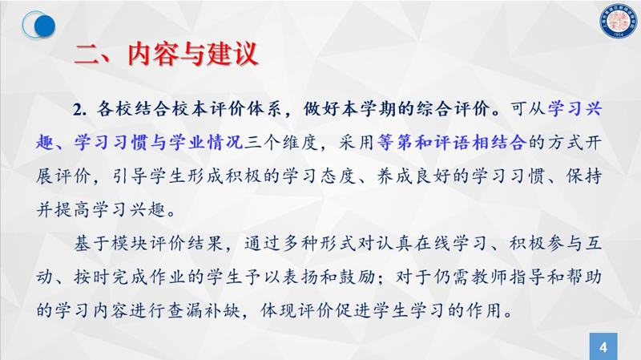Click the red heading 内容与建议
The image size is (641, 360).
[x=192, y=54]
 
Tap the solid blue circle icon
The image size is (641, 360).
[x=45, y=26]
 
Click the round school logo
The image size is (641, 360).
[x=619, y=21]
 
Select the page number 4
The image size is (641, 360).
[x=603, y=347]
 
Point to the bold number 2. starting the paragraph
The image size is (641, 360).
[x=79, y=110]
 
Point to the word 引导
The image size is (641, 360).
[x=131, y=176]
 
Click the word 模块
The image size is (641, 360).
[x=131, y=244]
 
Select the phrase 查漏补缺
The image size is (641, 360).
[x=206, y=310]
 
